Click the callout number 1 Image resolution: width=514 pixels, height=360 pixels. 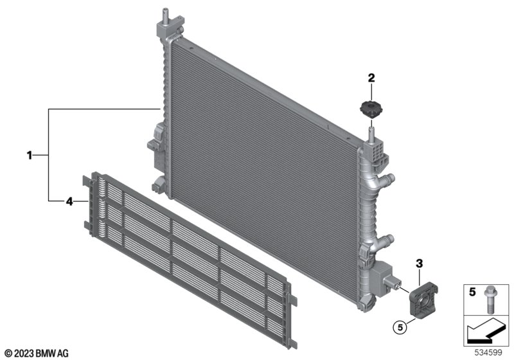click(30, 155)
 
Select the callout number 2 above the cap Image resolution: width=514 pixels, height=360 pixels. click(371, 78)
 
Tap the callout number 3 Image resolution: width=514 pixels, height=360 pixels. click(420, 264)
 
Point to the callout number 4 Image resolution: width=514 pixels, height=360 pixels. click(69, 201)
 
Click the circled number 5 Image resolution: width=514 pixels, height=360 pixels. click(400, 327)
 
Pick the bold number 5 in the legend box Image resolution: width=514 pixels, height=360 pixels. click(472, 292)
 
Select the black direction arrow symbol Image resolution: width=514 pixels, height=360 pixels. click(486, 331)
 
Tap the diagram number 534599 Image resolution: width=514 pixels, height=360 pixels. click(488, 353)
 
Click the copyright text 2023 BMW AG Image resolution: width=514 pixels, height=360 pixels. click(37, 354)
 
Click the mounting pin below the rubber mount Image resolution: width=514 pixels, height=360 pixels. click(371, 131)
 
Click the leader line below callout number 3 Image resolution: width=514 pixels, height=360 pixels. click(420, 276)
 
